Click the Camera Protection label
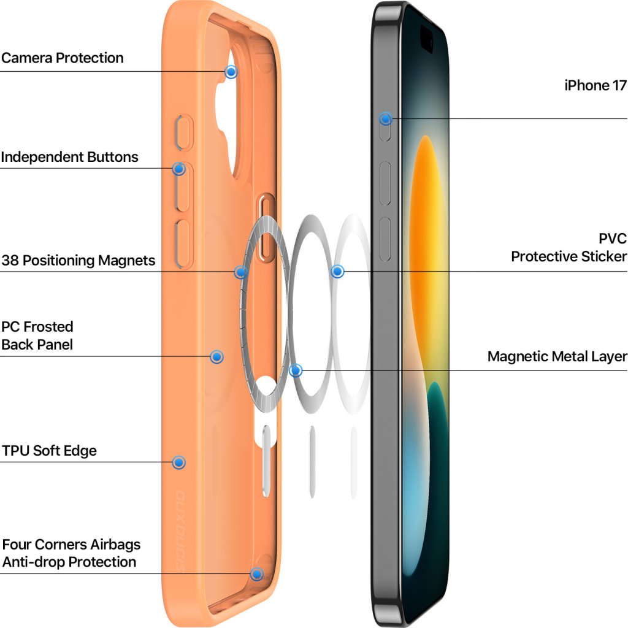point(63,58)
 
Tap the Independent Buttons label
point(69,157)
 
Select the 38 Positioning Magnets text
point(78,261)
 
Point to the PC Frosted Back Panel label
point(37,335)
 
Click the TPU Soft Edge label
point(49,451)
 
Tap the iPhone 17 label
point(595,85)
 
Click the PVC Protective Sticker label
point(569,247)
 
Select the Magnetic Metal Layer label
point(557,356)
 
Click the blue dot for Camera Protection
point(231,72)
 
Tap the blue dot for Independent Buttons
point(179,168)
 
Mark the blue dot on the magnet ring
point(241,272)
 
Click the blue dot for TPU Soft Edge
point(179,462)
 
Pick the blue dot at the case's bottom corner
point(257,574)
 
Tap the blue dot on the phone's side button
point(386,119)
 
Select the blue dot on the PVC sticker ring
point(337,271)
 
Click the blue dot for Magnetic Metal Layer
point(296,370)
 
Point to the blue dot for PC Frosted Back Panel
point(216,356)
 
